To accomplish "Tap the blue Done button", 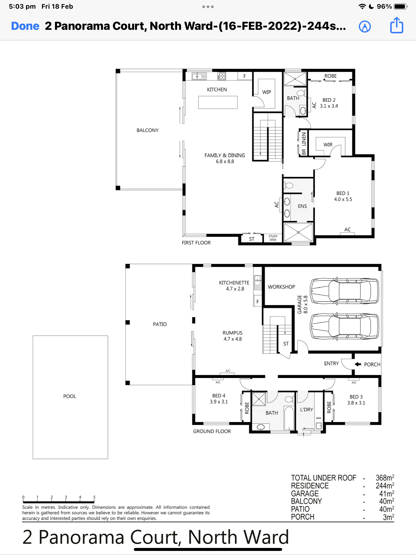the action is click(25, 26).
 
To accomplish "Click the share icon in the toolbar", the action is click(397, 25).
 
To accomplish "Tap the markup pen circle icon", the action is click(365, 27).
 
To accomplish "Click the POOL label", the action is click(70, 396).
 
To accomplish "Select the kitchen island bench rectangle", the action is click(218, 102).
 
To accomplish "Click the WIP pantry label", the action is click(266, 92).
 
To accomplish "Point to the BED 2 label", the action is click(329, 100).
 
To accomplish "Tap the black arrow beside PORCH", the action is click(358, 364).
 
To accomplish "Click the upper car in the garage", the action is click(344, 291).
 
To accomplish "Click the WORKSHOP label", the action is click(281, 287).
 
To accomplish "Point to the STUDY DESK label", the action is click(273, 238).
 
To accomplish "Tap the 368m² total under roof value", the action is click(385, 478).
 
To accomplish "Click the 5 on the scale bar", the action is click(94, 497).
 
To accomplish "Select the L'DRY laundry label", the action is click(307, 409).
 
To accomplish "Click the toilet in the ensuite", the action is click(288, 186).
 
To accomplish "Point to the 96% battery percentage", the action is click(384, 7).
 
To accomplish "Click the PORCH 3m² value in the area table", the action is click(388, 517).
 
